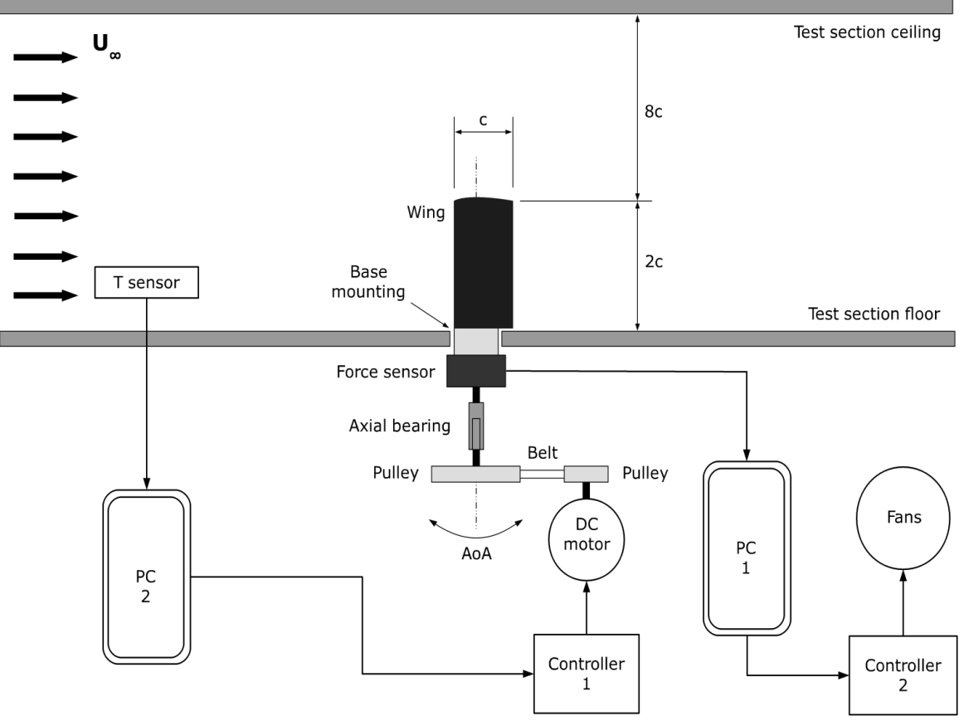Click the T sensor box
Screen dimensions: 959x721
coord(146,283)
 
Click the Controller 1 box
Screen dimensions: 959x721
coord(587,674)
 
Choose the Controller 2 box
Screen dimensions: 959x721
coord(903,675)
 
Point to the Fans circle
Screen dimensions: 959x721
coord(903,517)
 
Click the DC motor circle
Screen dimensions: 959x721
coord(587,539)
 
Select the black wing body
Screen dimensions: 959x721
coord(483,263)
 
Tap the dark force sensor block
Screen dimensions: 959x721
coord(476,371)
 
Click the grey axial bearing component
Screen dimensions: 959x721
coord(476,426)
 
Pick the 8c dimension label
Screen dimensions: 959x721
coord(653,111)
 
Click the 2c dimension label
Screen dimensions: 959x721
coord(654,261)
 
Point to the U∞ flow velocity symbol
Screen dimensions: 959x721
coord(106,46)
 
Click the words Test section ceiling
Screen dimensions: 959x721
coord(867,32)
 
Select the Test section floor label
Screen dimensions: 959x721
coord(874,314)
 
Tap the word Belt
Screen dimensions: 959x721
coord(543,452)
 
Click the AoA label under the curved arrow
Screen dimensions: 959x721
coord(476,553)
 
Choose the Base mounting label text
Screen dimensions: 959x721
coord(368,281)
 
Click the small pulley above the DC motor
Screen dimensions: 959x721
coord(586,474)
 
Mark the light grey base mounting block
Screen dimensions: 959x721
coord(476,341)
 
